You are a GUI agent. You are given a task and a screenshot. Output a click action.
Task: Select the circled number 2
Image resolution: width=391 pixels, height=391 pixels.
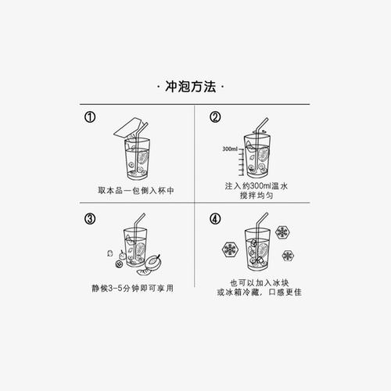click(x=215, y=118)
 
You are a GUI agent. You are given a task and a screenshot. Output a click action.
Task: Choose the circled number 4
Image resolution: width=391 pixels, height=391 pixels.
click(x=215, y=220)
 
